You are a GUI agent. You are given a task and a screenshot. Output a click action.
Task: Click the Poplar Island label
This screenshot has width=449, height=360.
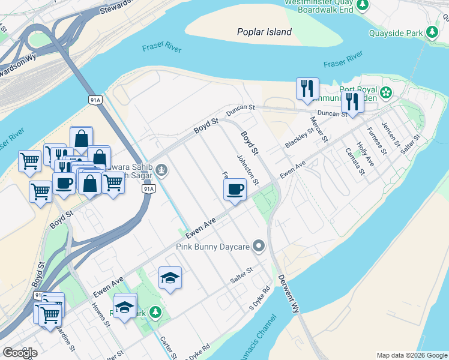click(x=264, y=32)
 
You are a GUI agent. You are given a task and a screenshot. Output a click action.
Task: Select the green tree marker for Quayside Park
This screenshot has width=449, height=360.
click(x=432, y=32)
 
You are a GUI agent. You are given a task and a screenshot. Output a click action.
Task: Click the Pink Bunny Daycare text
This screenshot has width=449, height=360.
click(x=212, y=246)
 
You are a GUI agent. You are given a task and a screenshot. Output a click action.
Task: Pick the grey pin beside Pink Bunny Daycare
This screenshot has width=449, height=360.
click(x=259, y=246)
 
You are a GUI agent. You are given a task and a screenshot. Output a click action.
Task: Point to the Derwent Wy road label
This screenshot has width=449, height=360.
click(x=288, y=294)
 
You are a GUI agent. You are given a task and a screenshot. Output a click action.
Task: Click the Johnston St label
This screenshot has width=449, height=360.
click(x=247, y=170)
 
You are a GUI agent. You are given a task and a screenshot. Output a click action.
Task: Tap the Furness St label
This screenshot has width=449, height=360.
click(x=374, y=139)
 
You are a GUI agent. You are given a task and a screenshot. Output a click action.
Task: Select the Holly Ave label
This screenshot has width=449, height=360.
click(x=365, y=154)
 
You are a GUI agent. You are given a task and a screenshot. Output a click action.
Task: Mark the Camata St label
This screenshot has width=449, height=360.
click(x=355, y=161)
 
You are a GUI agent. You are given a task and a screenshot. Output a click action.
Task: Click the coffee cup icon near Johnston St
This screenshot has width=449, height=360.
click(x=235, y=190)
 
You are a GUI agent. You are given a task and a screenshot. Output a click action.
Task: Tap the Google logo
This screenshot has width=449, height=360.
click(x=20, y=352)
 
